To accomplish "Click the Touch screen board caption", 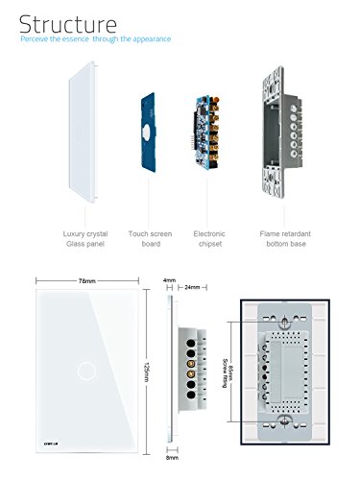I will (151, 238).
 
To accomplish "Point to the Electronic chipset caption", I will (209, 238).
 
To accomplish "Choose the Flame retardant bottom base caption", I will (283, 238).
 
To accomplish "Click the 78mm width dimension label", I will (87, 282).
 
